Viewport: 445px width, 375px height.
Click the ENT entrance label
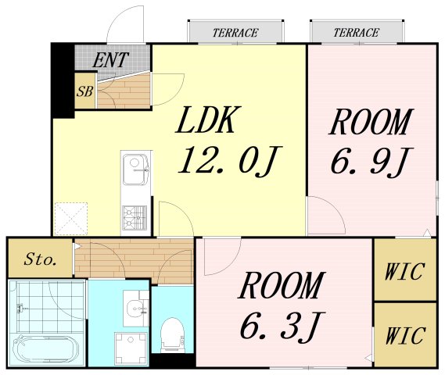pyautogui.click(x=111, y=60)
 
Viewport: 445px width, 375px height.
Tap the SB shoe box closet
pyautogui.click(x=85, y=91)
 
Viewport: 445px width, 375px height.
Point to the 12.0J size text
pyautogui.click(x=230, y=161)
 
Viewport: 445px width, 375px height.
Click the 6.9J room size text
pyautogui.click(x=371, y=161)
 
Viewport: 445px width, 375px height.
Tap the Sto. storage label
pyautogui.click(x=40, y=259)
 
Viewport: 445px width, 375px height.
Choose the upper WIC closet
pyautogui.click(x=405, y=270)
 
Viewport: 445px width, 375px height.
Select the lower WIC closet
pyautogui.click(x=405, y=334)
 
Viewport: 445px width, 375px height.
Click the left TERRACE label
pyautogui.click(x=235, y=33)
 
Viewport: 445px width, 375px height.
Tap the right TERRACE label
pyautogui.click(x=356, y=33)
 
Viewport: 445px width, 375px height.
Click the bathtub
pyautogui.click(x=46, y=349)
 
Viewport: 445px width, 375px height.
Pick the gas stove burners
pyautogui.click(x=135, y=217)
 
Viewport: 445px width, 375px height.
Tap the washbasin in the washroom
pyautogui.click(x=135, y=309)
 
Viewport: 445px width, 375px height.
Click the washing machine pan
pyautogui.click(x=131, y=348)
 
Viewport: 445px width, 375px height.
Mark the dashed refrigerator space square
pyautogui.click(x=70, y=219)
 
